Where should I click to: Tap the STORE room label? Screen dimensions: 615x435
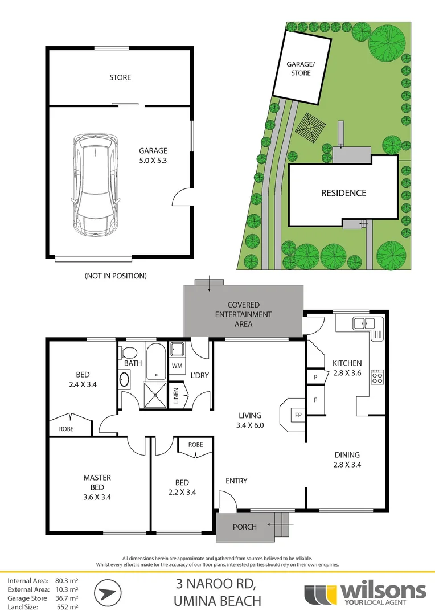pyautogui.click(x=120, y=77)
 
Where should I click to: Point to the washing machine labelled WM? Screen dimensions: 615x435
pyautogui.click(x=177, y=365)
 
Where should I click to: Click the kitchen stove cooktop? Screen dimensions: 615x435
pyautogui.click(x=377, y=377)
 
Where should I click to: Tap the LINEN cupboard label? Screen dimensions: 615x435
pyautogui.click(x=177, y=395)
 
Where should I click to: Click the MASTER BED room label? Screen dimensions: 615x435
pyautogui.click(x=97, y=482)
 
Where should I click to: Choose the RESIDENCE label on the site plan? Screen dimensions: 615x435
pyautogui.click(x=343, y=193)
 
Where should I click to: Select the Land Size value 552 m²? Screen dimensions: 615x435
pyautogui.click(x=68, y=607)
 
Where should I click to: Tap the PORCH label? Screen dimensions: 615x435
pyautogui.click(x=245, y=527)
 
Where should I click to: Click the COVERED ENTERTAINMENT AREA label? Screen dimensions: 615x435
pyautogui.click(x=243, y=314)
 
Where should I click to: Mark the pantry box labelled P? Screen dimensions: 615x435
pyautogui.click(x=314, y=377)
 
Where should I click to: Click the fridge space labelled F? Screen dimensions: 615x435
pyautogui.click(x=315, y=400)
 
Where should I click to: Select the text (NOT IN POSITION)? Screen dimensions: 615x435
pyautogui.click(x=116, y=276)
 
